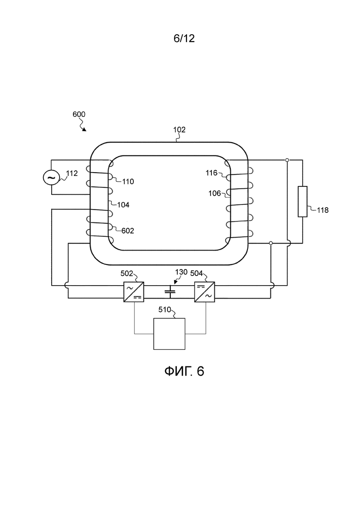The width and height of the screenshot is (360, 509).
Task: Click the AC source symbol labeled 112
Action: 51,178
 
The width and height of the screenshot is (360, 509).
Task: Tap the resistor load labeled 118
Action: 303,202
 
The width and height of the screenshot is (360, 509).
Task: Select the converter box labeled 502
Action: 134,292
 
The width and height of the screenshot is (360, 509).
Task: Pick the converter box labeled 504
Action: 204,292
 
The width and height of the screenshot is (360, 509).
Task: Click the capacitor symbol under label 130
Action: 170,292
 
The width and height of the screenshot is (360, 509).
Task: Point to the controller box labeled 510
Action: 169,334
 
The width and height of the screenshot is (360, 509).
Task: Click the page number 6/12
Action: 184,38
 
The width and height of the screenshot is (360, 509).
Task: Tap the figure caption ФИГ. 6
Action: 184,371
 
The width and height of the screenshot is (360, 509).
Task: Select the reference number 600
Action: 79,114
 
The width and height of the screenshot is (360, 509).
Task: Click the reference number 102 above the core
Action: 179,130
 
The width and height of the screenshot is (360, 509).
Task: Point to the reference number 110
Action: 128,182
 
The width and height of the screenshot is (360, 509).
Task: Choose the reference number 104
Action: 123,205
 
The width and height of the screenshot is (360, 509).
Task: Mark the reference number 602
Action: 127,231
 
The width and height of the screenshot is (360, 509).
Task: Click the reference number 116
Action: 211,173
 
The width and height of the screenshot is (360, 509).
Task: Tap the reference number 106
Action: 215,193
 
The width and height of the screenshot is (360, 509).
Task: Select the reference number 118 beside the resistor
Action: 323,210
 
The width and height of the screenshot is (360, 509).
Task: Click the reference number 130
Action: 181,272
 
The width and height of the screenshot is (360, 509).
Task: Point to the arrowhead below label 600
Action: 84,130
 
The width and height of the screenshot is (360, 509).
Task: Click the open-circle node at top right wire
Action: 287,160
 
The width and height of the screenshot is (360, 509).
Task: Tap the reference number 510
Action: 165,310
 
